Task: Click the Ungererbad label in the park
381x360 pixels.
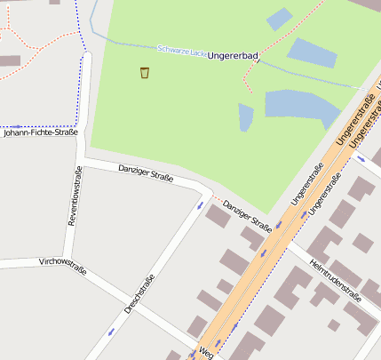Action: point(233,56)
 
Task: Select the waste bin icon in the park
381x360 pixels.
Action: point(145,72)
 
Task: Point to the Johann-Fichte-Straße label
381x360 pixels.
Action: point(41,132)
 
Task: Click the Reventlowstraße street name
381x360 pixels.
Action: point(74,196)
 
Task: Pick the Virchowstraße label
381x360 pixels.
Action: point(62,265)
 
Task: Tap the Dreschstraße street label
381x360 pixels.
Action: point(140,294)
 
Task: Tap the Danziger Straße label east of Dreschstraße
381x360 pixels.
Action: point(247,212)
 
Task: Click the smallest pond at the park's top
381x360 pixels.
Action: point(279,19)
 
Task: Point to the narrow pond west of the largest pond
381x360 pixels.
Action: point(246,116)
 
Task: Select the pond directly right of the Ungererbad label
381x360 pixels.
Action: point(312,52)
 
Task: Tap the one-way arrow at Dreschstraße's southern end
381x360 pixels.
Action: point(111,332)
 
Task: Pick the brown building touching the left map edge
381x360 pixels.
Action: point(9,61)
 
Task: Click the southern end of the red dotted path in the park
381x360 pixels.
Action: point(252,92)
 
